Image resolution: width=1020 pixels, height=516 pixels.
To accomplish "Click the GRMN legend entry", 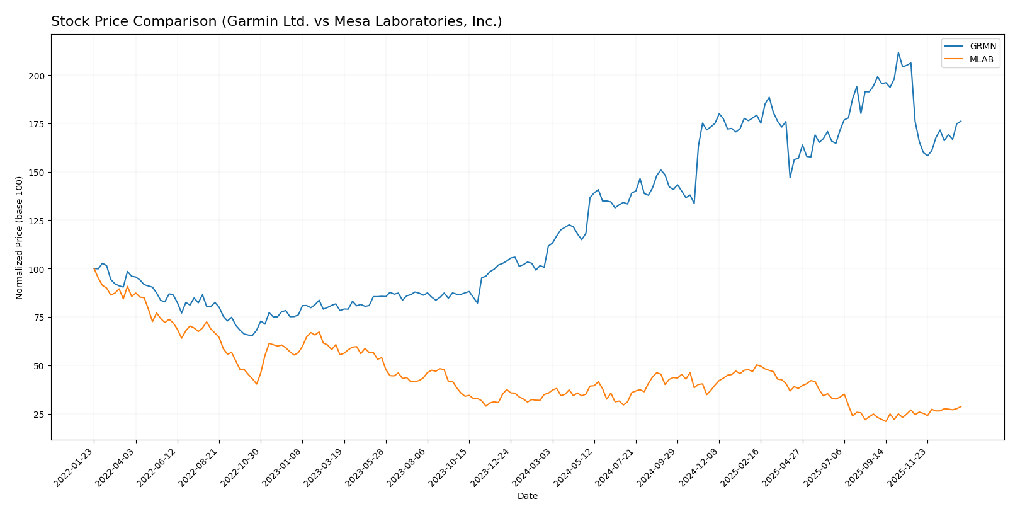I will tap(982, 47).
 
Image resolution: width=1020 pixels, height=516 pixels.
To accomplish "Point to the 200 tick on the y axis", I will tap(38, 76).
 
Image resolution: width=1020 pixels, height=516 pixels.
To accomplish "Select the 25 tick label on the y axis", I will tap(40, 415).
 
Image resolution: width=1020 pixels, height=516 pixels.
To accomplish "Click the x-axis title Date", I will tap(527, 496).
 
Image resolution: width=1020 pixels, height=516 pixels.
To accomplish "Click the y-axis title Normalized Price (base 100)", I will tap(20, 238).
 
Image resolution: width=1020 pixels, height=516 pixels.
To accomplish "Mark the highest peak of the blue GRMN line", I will tap(898, 52).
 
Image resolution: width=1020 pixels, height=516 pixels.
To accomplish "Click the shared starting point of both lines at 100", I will tap(94, 269).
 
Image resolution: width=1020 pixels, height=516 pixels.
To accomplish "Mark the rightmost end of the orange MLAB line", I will tap(961, 406).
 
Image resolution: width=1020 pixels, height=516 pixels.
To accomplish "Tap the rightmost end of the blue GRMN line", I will tap(961, 121).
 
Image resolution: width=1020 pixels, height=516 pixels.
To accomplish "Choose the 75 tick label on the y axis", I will tap(40, 318).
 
